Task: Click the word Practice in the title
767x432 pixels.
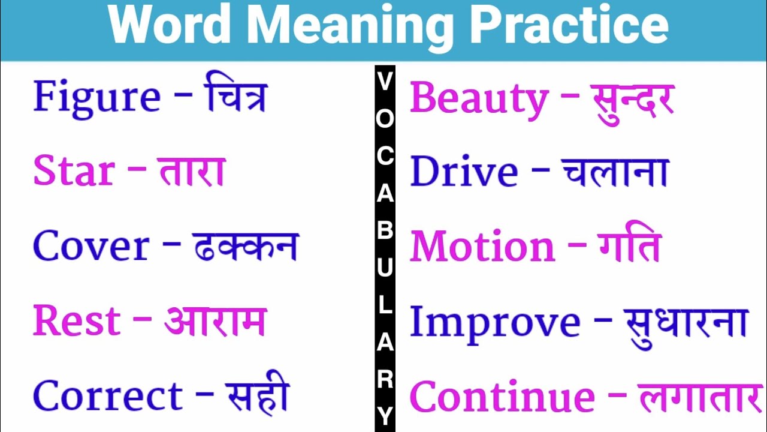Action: [570, 25]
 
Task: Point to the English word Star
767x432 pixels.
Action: [74, 170]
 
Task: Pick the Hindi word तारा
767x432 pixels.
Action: [193, 171]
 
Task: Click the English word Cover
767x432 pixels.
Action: [91, 245]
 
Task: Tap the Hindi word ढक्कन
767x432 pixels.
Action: [245, 247]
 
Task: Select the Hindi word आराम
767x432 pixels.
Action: [215, 321]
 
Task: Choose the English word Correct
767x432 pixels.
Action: [108, 395]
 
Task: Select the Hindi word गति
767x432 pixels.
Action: [630, 241]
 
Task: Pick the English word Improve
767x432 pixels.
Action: [495, 325]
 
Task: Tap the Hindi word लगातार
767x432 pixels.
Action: [700, 398]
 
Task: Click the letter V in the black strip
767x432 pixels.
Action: [385, 81]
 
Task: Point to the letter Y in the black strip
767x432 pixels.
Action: [385, 416]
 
